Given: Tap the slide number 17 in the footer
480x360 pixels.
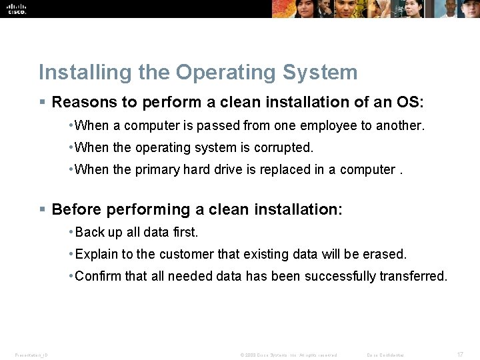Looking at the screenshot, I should point(460,355).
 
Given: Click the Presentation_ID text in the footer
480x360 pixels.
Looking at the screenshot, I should point(31,355).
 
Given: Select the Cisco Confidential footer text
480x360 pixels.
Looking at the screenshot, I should point(385,355).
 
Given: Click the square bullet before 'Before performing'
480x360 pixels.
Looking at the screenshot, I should point(42,210).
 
